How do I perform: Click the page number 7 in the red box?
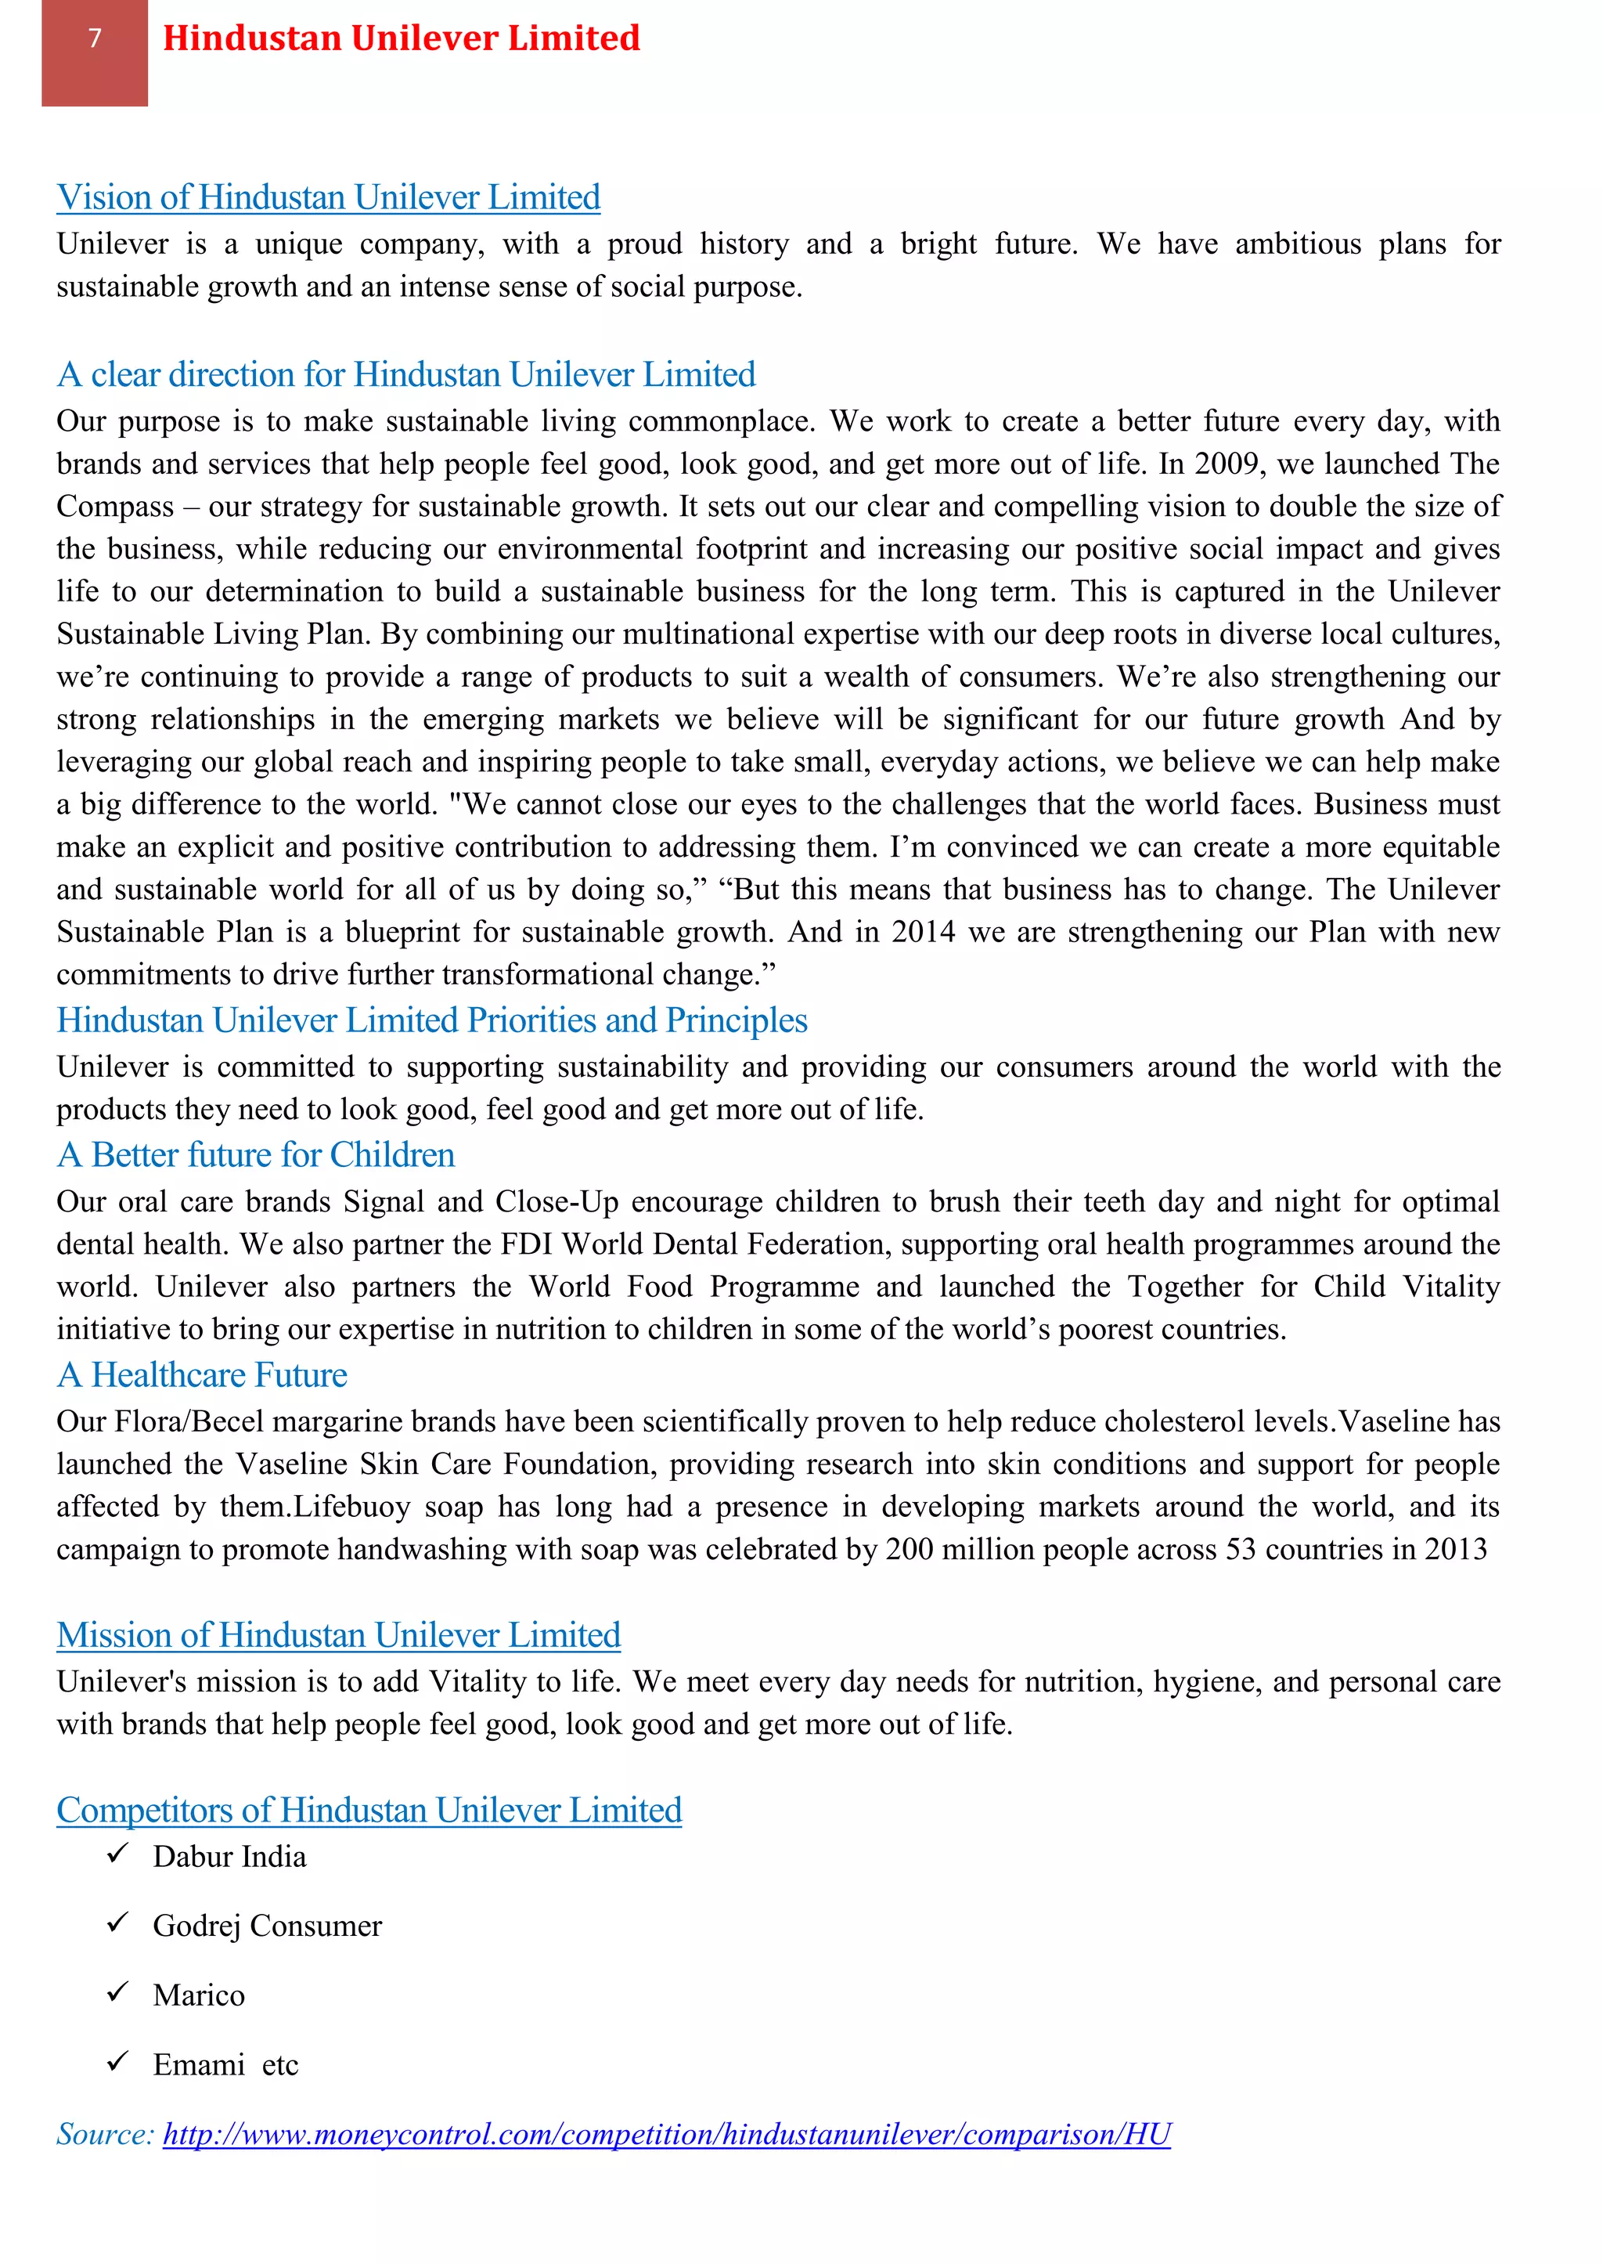(x=95, y=38)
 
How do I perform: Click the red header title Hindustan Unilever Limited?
(x=401, y=38)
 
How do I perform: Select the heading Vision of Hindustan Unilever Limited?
(x=328, y=197)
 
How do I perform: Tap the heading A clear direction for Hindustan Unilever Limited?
(x=405, y=375)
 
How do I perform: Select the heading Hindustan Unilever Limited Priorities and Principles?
(x=431, y=1020)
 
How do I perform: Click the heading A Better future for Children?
(x=256, y=1155)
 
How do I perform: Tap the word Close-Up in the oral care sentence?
(x=557, y=1201)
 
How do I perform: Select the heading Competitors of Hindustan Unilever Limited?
(x=369, y=1810)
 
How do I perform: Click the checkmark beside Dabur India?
(x=117, y=1854)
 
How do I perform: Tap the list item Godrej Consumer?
(x=266, y=1926)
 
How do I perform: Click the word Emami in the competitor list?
(x=198, y=2064)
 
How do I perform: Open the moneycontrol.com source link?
(x=666, y=2135)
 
